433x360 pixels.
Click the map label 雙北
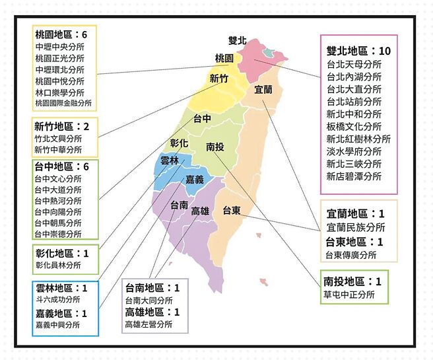coord(237,41)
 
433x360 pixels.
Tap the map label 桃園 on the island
coord(224,58)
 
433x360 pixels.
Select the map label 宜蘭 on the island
coord(263,90)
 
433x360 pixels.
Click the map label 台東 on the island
coord(231,211)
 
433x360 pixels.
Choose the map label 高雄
coord(200,211)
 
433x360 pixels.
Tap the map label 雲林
coord(170,160)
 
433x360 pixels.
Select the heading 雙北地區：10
coord(359,50)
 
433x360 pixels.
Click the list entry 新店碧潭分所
coord(354,176)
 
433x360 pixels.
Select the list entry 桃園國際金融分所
coord(65,104)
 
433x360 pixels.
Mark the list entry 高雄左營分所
coord(148,324)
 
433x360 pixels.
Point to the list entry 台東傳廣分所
coord(350,255)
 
